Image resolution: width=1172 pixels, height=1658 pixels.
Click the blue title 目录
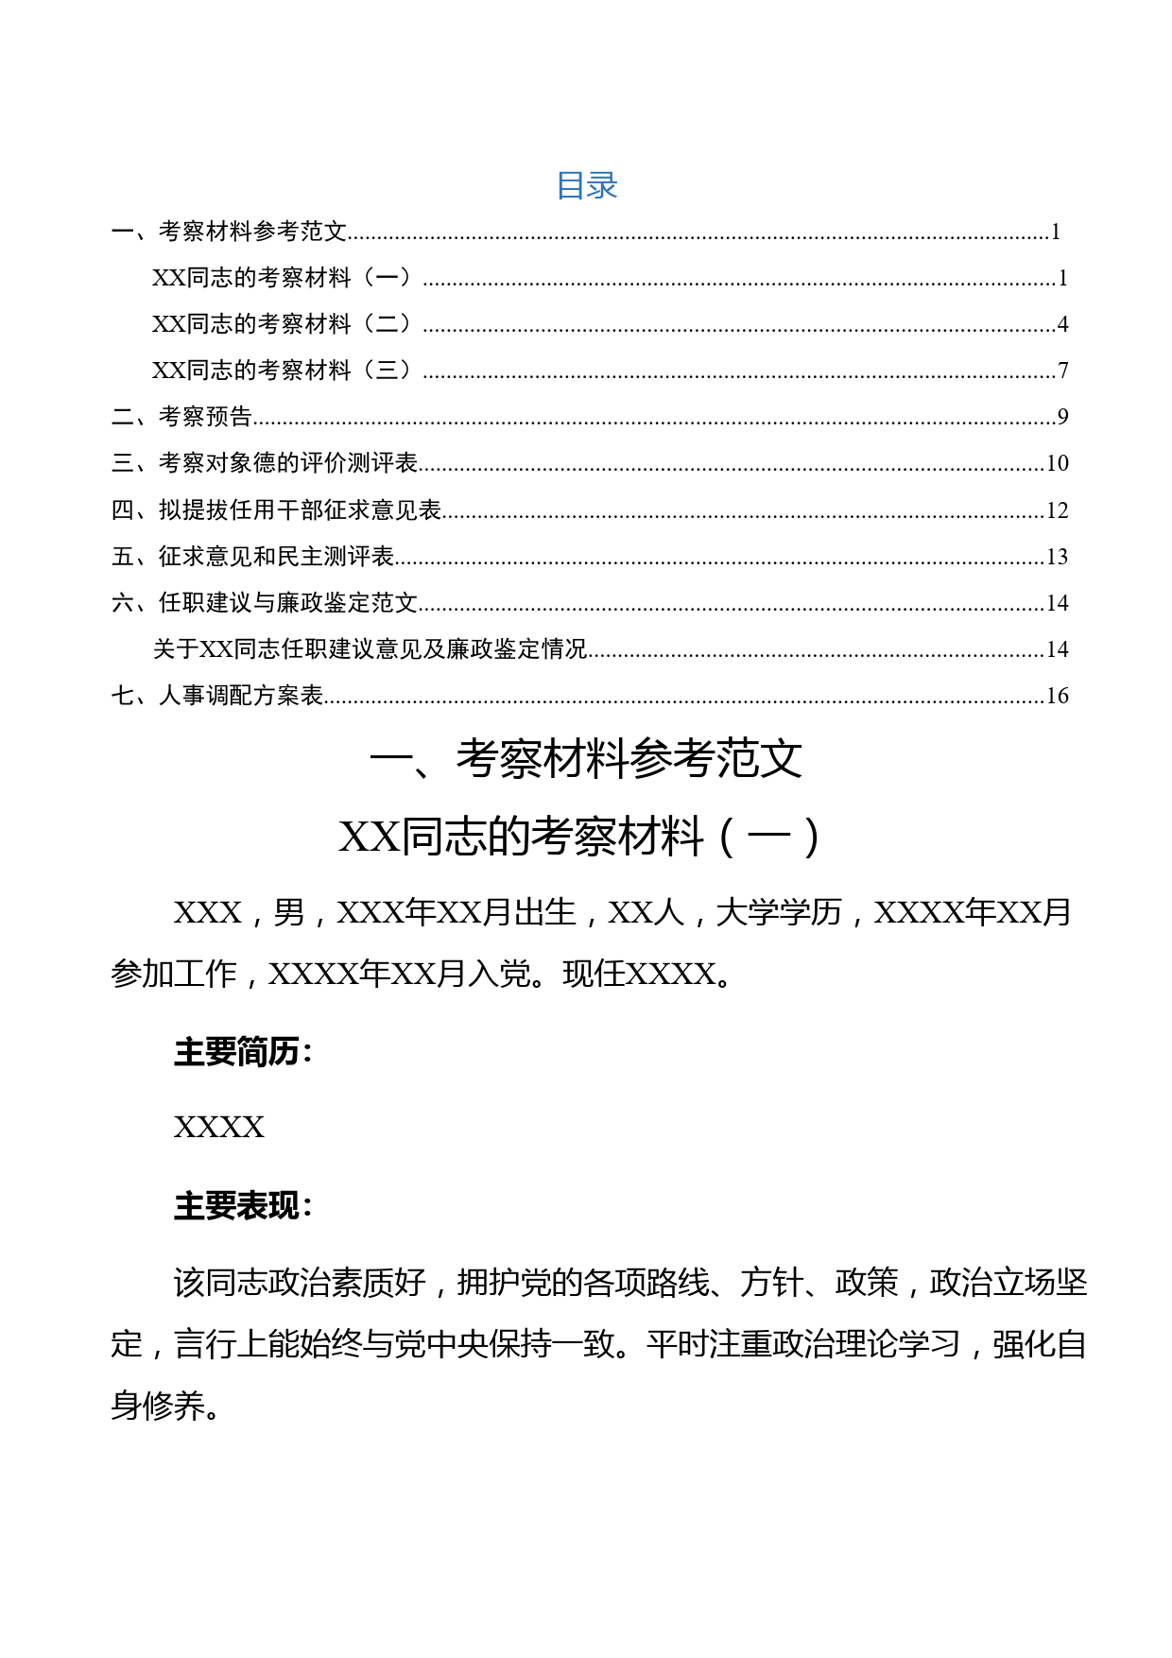tap(586, 185)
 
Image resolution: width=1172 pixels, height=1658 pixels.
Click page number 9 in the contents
tap(1062, 417)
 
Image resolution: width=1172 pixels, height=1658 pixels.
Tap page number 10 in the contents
tap(1057, 463)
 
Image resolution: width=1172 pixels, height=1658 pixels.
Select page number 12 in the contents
tap(1057, 510)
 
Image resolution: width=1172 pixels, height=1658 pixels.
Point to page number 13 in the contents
tap(1057, 557)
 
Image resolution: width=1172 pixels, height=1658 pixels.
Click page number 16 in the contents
tap(1057, 696)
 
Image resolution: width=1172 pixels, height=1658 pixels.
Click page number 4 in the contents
tap(1062, 324)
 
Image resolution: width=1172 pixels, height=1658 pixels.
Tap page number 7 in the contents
tap(1062, 371)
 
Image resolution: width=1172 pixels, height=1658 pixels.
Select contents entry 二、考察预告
tap(181, 417)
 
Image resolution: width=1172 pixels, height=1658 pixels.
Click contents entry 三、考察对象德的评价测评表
tap(265, 463)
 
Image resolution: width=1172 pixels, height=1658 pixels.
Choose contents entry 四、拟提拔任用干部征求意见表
tap(276, 510)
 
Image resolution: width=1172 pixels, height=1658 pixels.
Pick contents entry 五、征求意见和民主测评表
tap(252, 557)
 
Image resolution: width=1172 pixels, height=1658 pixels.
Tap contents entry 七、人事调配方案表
tap(217, 696)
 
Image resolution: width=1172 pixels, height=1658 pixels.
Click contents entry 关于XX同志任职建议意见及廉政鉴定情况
tap(370, 649)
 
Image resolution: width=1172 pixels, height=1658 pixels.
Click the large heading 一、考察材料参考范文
tap(586, 759)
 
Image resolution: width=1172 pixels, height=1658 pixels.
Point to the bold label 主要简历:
tap(243, 1051)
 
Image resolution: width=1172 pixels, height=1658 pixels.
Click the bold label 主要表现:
tap(243, 1206)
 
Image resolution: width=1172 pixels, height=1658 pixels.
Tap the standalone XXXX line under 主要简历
tap(219, 1128)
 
